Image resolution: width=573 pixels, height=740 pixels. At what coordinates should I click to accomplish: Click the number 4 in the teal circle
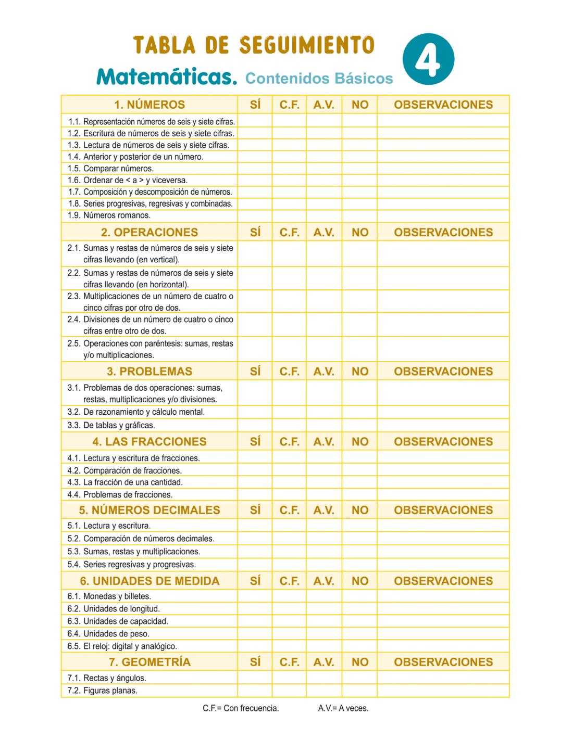tap(428, 59)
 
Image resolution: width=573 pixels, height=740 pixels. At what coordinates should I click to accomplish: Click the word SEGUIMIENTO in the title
tap(307, 46)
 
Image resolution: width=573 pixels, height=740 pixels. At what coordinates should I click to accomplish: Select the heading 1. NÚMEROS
tap(150, 105)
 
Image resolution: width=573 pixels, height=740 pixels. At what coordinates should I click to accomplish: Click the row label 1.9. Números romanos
tap(109, 215)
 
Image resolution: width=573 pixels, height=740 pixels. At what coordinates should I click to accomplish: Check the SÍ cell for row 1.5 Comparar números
tap(255, 169)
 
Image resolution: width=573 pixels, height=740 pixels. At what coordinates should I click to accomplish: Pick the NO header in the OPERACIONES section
tap(359, 232)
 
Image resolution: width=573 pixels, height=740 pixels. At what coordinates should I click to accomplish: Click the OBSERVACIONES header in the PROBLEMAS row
tap(443, 371)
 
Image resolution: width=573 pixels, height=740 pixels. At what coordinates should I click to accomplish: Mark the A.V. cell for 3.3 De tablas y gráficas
tap(323, 425)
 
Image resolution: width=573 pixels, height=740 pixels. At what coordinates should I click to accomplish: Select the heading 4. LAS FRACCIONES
tap(150, 441)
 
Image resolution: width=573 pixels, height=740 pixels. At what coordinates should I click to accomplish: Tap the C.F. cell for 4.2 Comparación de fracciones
tap(289, 470)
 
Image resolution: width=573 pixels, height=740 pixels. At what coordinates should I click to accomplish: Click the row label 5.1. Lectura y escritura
tap(109, 526)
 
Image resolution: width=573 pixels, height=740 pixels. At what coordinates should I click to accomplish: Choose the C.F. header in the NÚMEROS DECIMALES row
tap(289, 510)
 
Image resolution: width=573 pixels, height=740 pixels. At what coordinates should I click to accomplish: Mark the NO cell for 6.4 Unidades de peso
tap(359, 634)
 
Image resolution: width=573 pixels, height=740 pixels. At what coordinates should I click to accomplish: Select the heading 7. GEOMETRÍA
tap(150, 662)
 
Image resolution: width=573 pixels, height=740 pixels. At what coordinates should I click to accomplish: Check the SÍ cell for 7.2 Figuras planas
tap(255, 691)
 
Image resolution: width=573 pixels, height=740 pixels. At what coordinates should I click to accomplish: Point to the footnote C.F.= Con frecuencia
tap(241, 708)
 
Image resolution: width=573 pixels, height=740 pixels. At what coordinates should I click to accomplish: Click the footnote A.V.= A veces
tap(343, 708)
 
